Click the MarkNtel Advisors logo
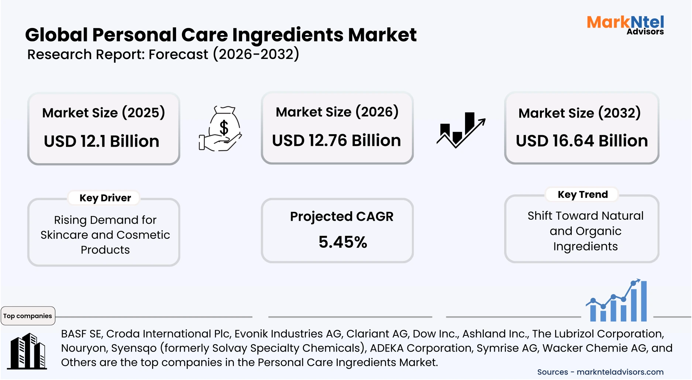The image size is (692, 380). (625, 25)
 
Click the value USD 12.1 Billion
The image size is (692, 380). (101, 142)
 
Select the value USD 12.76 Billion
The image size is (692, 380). (336, 141)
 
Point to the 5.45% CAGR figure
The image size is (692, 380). (342, 242)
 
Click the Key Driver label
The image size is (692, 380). (105, 198)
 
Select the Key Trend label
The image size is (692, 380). (582, 195)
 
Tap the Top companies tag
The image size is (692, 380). (28, 316)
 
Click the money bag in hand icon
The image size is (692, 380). (220, 129)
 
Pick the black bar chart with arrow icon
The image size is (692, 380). (461, 130)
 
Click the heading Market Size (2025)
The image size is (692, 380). (103, 113)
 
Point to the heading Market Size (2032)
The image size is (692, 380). (579, 113)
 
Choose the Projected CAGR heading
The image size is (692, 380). (341, 217)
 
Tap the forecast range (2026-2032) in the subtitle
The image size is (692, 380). (256, 55)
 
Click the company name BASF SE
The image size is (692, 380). (81, 334)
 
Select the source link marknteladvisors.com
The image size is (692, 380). (620, 372)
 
